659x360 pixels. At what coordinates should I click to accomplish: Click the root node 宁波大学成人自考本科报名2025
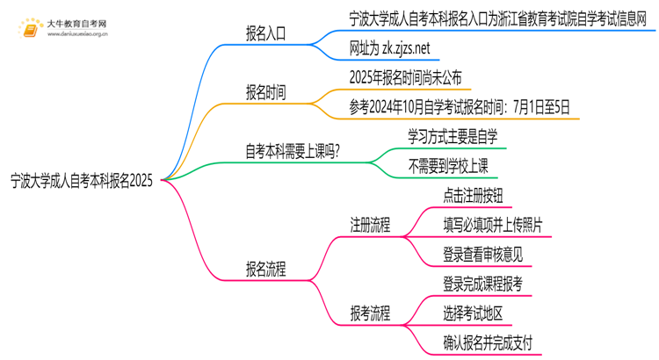pos(82,181)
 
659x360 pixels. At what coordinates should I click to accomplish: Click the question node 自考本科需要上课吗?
pos(293,150)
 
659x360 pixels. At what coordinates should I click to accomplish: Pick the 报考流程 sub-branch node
pos(370,313)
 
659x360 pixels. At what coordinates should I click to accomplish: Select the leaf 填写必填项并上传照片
pos(492,225)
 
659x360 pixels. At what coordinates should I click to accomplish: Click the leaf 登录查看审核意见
pos(483,255)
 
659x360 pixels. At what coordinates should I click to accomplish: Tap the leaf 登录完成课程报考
pos(483,284)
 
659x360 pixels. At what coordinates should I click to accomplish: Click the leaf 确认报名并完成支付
pos(488,342)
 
